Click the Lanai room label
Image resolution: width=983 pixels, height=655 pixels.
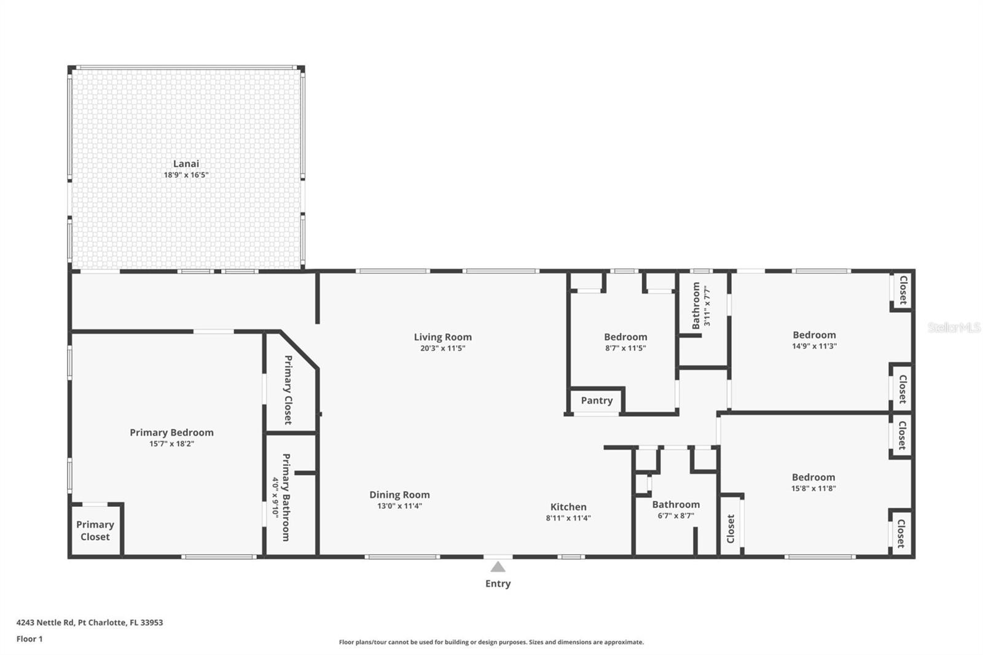(x=186, y=163)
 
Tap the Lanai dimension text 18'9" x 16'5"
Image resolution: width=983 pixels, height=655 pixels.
(x=186, y=175)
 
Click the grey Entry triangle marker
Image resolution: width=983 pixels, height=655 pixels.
(x=498, y=567)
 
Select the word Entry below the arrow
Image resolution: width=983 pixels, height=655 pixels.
(x=498, y=584)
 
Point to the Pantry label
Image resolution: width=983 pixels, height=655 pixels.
(x=597, y=401)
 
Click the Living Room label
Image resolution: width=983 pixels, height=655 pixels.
(x=443, y=337)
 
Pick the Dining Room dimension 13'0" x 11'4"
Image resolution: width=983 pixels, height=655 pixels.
(x=400, y=506)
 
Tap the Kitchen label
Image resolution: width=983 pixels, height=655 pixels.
(x=568, y=507)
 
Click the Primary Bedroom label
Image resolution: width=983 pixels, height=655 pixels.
(x=171, y=433)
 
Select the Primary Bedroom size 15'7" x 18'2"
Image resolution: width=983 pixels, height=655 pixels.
(x=171, y=444)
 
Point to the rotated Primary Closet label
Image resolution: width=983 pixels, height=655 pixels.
(x=288, y=390)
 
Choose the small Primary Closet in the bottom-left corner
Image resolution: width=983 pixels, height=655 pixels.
(x=95, y=531)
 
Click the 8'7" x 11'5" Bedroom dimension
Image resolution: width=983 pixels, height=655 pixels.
(x=625, y=348)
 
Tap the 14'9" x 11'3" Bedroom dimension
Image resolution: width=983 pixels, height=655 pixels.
(x=815, y=346)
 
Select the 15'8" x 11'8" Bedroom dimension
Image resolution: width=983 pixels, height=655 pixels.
(x=813, y=488)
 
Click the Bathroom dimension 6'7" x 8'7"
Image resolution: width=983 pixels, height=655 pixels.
(x=676, y=516)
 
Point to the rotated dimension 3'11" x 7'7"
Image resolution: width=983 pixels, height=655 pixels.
(x=707, y=305)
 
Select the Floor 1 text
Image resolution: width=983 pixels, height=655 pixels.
(x=29, y=639)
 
